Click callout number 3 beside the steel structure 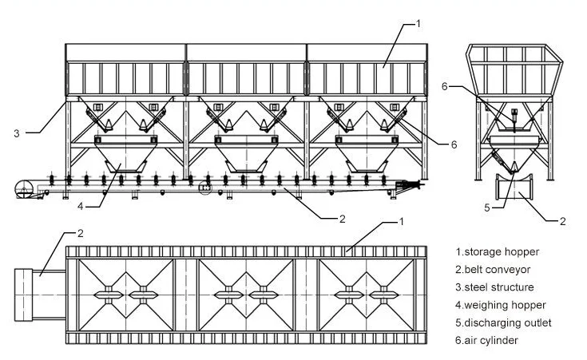[17, 133]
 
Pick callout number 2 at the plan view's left [80, 233]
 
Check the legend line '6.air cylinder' [490, 340]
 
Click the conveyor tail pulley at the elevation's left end [23, 189]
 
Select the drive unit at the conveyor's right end [407, 186]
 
